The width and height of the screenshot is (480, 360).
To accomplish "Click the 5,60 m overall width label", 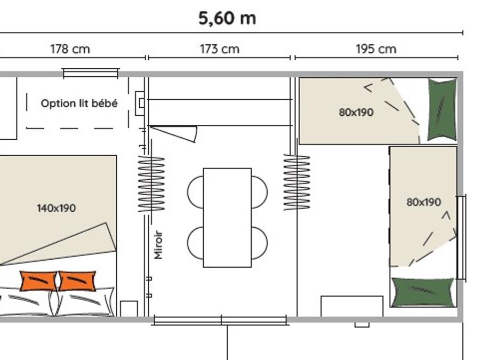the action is [227, 18].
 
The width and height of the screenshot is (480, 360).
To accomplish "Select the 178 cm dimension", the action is [70, 49].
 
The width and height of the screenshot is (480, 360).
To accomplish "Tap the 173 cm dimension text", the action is [220, 49].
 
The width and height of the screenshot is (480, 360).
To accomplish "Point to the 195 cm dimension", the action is [376, 49].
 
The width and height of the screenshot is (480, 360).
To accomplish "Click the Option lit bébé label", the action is [79, 103].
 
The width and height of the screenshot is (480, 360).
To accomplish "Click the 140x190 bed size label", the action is [57, 208].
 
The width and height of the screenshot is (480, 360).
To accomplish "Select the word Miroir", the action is [158, 245].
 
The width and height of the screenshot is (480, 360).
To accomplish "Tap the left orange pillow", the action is [38, 281].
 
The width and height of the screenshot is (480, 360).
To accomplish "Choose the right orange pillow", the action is [77, 281].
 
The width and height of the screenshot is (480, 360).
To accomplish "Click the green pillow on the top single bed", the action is [442, 109].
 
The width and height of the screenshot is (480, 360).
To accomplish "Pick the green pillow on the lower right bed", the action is [422, 292].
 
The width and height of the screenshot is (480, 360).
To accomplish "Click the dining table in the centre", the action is [227, 218].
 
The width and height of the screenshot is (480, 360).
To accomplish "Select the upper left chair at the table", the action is [195, 192].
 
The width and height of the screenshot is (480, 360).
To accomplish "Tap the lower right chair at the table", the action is [260, 243].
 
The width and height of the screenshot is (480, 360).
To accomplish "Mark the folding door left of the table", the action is [151, 183].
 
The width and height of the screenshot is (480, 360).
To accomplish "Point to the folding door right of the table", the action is [297, 182].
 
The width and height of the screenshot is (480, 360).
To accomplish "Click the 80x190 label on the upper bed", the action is [356, 113].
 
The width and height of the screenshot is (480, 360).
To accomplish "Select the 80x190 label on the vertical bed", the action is [423, 202].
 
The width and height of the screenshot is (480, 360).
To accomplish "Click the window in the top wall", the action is [90, 73].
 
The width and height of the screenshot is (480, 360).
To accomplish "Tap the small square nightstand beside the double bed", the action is [129, 309].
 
